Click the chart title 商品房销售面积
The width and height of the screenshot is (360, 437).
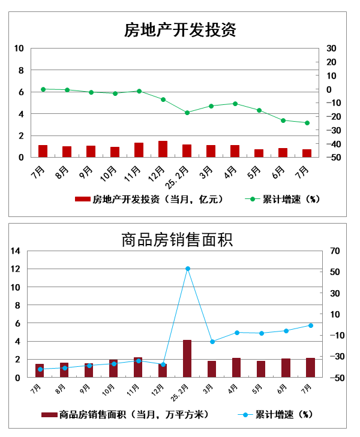click(177, 240)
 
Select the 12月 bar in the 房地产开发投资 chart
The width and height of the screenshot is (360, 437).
click(163, 149)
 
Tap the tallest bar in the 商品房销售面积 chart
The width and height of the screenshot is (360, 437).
click(187, 358)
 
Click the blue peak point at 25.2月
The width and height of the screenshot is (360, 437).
click(188, 269)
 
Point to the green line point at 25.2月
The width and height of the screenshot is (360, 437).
click(187, 113)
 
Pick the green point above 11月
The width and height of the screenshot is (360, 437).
click(139, 91)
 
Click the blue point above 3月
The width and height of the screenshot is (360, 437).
click(212, 342)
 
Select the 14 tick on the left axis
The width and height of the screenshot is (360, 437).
click(16, 251)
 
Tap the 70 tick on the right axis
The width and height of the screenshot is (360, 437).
click(333, 251)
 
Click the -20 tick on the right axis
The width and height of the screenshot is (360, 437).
click(331, 117)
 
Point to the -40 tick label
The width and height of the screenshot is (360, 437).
click(331, 144)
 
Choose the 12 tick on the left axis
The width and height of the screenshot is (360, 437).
click(16, 269)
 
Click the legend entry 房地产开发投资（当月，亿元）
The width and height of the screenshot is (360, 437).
click(150, 200)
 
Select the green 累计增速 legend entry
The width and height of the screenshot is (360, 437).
click(282, 200)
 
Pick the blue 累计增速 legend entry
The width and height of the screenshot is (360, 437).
click(275, 414)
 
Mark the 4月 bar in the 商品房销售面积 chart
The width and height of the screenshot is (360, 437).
click(236, 367)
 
